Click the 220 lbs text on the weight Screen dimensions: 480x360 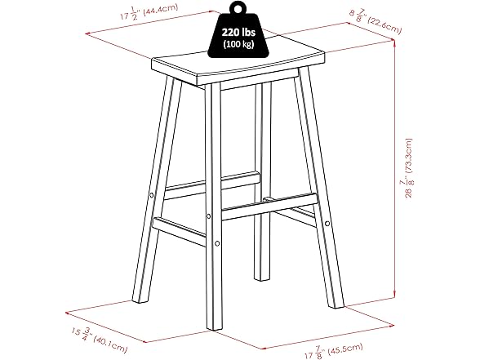coord(238,32)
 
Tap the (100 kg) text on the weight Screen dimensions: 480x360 coord(238,44)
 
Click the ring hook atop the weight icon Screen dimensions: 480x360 coord(237,7)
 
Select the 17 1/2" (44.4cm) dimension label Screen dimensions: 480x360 coord(149,12)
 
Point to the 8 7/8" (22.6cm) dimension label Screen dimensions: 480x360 coord(376,21)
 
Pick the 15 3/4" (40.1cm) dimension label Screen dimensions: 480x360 coord(100,340)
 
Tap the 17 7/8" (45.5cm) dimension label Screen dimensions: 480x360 coord(334,351)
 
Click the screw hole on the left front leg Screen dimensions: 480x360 coord(151,194)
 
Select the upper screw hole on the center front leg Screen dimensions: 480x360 coord(208,216)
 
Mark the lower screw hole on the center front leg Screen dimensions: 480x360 coord(217,243)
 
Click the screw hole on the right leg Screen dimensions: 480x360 coord(327,224)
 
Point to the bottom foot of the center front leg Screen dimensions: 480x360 coord(214,327)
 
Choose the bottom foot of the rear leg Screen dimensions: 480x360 coord(262,278)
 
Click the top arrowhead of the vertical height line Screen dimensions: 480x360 coord(394,42)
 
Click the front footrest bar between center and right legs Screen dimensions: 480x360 coord(269,207)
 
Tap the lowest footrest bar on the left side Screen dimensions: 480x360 coord(179,232)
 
